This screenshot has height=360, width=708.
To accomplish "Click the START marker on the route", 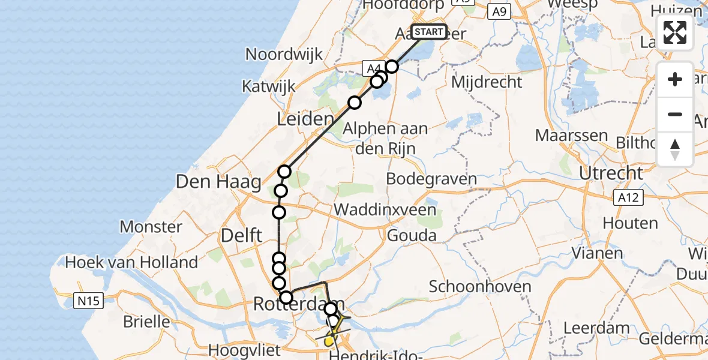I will coord(429,32).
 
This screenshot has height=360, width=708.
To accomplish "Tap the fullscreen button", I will coord(675,32).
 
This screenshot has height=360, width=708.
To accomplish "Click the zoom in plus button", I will coord(675,79).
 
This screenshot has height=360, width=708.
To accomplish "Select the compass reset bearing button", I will coord(675,149).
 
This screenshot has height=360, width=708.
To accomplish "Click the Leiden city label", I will coord(305,119).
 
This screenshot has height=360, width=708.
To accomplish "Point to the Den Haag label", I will coord(218,181).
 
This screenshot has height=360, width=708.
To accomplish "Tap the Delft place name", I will coord(242,235).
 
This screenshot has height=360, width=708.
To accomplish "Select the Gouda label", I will coord(412,235).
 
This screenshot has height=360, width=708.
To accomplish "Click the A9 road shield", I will coord(500,11).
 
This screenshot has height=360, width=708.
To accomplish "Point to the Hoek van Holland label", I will coord(131,262).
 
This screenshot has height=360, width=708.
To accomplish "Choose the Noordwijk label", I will coord(284,54).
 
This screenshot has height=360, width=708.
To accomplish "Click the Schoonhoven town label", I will coord(480,286).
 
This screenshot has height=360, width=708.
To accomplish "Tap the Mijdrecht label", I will coord(487,82).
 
